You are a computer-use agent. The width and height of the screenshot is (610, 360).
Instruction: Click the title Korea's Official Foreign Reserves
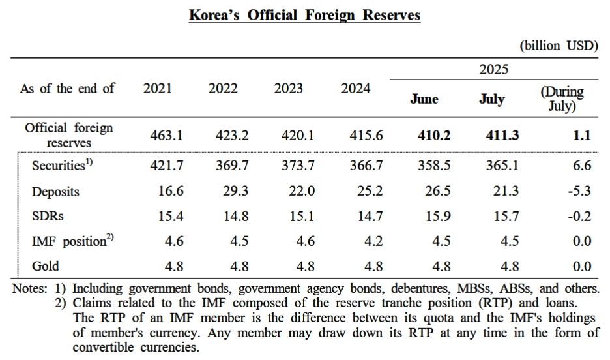click(x=304, y=15)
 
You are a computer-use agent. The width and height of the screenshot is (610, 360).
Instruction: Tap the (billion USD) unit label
click(x=559, y=46)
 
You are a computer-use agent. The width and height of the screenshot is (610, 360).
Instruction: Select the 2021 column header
click(x=158, y=89)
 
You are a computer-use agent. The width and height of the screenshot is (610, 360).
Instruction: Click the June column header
click(x=424, y=99)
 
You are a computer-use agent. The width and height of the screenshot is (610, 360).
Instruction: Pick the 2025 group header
click(x=493, y=70)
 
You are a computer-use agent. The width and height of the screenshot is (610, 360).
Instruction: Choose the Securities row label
click(x=63, y=166)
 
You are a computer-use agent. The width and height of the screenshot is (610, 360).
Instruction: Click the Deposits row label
click(x=56, y=192)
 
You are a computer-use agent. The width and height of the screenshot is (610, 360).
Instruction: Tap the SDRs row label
click(x=48, y=216)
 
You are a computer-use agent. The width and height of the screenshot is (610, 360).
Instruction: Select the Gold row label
click(x=46, y=266)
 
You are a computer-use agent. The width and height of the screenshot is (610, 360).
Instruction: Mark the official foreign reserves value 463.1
click(x=167, y=136)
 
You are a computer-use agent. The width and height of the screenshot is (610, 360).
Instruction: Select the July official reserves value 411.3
click(x=502, y=136)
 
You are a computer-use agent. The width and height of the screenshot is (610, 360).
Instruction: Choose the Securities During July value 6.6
click(x=582, y=166)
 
